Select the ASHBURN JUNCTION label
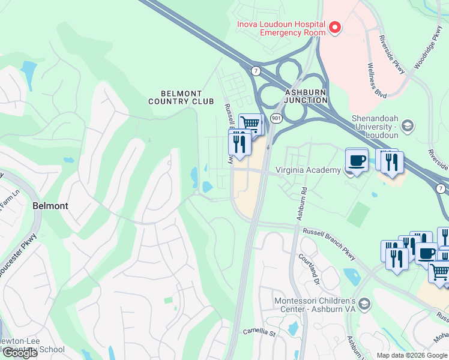(306, 96)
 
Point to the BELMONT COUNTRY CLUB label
(181, 97)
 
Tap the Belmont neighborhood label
(50, 205)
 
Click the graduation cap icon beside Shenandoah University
(408, 125)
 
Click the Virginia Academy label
(308, 170)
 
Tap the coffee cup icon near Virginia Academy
(357, 160)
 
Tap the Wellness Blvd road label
(379, 79)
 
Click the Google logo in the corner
(19, 353)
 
